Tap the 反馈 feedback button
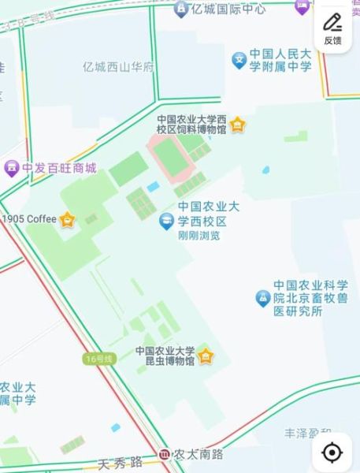coord(332,29)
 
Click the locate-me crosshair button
coord(332,452)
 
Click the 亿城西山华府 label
coord(118,67)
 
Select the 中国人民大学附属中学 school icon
coord(239,60)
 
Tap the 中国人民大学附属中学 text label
coord(281,60)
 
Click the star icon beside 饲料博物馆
coord(237,125)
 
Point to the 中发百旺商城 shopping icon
coord(11,168)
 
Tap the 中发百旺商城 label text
coord(58,168)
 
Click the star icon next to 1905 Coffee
coord(68,219)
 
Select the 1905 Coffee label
coord(30,218)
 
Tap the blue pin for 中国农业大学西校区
coord(166,222)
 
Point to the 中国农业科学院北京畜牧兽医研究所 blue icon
coord(262,298)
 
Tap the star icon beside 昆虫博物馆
coord(206,356)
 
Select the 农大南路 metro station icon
coord(164,454)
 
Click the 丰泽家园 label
coord(310,433)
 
